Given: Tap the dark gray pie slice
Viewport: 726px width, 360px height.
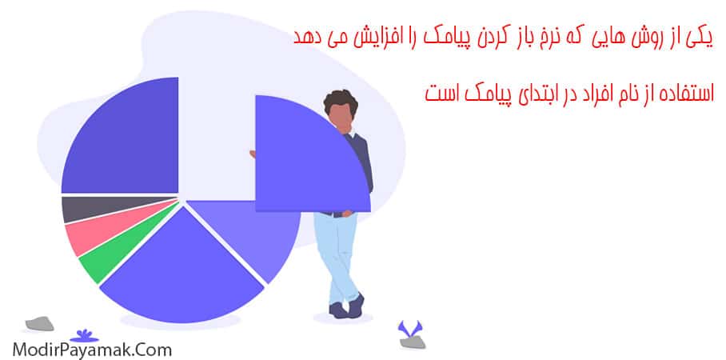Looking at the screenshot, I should [x=77, y=209].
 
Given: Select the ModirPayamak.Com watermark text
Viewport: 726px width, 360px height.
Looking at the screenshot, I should [x=91, y=349].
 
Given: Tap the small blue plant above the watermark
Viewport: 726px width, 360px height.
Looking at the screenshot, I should [x=81, y=334].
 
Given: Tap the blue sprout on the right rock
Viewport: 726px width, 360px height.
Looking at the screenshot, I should [x=412, y=329].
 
